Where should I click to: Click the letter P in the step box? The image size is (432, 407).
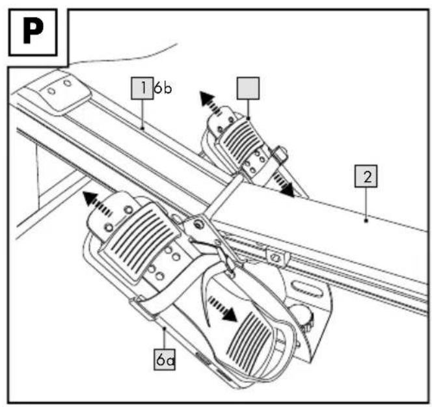click(x=33, y=32)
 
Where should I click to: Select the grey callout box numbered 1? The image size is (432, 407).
click(x=142, y=88)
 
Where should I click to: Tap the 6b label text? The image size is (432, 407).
click(x=163, y=88)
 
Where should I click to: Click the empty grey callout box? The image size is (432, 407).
click(x=248, y=88)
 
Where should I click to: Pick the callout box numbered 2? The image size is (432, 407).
click(x=366, y=176)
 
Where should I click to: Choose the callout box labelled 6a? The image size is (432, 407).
click(x=165, y=360)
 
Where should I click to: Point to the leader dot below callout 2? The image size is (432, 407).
click(x=366, y=220)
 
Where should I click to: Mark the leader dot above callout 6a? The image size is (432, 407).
click(x=164, y=328)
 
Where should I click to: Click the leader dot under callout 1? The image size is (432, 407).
click(x=142, y=128)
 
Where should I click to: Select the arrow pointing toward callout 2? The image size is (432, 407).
click(x=284, y=185)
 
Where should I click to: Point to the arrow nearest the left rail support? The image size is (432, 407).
click(x=97, y=203)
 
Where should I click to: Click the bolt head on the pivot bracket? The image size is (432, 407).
click(x=198, y=225)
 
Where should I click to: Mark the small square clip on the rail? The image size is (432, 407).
click(x=278, y=256)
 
